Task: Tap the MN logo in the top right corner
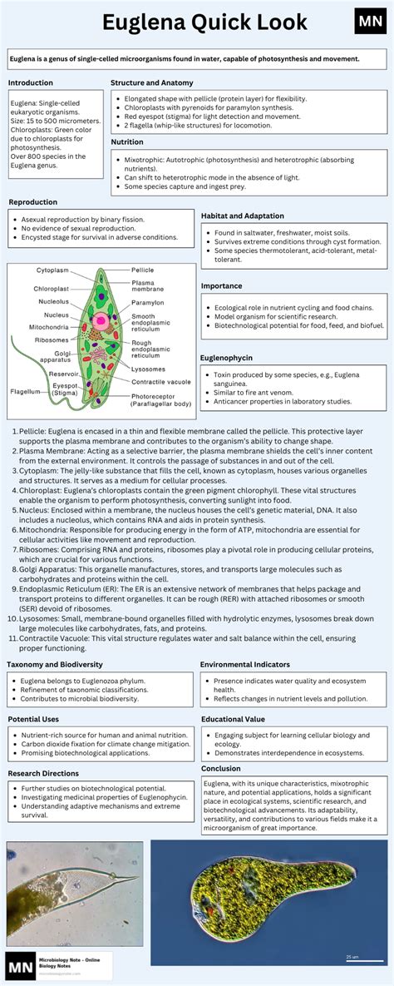click(x=369, y=22)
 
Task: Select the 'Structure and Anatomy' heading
click(x=152, y=83)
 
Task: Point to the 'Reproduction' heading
click(x=32, y=202)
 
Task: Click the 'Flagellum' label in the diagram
click(x=24, y=390)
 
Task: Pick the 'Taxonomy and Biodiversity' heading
click(x=55, y=665)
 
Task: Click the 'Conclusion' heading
click(x=221, y=768)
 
